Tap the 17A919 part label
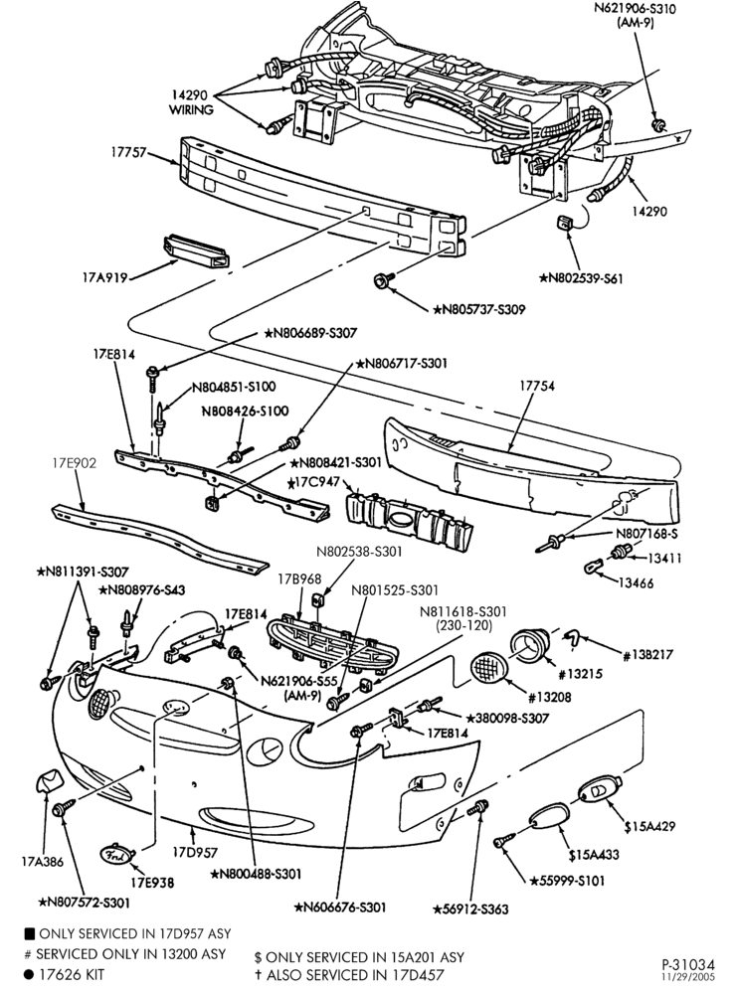click(104, 277)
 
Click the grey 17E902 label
click(75, 463)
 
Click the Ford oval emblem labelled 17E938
click(118, 855)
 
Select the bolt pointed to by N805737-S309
click(384, 279)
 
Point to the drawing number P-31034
click(688, 964)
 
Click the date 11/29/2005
click(688, 977)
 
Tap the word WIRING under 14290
click(191, 109)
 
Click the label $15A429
click(649, 826)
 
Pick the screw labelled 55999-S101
click(502, 843)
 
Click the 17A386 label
click(43, 862)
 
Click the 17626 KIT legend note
click(64, 974)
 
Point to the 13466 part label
click(637, 582)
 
